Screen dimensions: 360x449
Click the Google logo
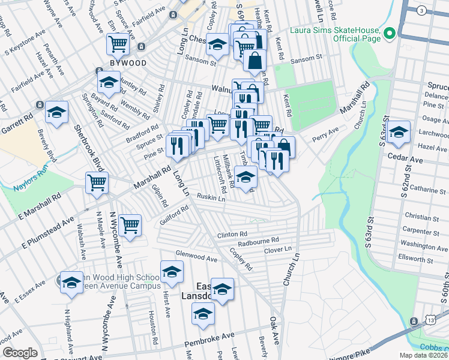click(x=20, y=353)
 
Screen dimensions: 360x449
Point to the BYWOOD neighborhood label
click(x=127, y=62)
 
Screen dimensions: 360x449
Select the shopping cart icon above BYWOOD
click(x=118, y=43)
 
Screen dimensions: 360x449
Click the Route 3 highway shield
click(x=423, y=11)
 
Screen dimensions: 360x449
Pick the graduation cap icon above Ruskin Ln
click(x=246, y=176)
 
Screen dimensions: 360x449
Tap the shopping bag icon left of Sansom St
click(x=255, y=60)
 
